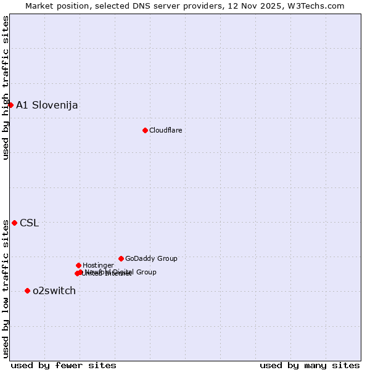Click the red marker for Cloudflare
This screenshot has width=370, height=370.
[x=145, y=130]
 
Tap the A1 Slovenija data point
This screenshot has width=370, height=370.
[x=10, y=105]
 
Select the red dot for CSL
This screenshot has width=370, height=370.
[x=14, y=223]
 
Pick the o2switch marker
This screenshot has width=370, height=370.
[x=27, y=290]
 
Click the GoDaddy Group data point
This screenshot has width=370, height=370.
[x=121, y=258]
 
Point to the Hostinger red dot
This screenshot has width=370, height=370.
[x=78, y=265]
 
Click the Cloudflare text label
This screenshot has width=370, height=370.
[x=165, y=130]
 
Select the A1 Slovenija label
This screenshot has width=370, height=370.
[x=47, y=105]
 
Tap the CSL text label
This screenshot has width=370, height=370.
[x=29, y=223]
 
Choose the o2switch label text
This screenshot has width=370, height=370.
[x=54, y=291]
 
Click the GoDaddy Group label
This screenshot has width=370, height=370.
[x=151, y=258]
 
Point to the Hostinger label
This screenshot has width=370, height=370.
[x=98, y=265]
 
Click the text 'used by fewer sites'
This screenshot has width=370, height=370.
[x=64, y=365]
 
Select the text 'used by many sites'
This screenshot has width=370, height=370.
[x=310, y=365]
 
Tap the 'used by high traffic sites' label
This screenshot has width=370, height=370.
[x=6, y=88]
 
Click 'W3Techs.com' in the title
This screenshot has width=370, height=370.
[x=318, y=6]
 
